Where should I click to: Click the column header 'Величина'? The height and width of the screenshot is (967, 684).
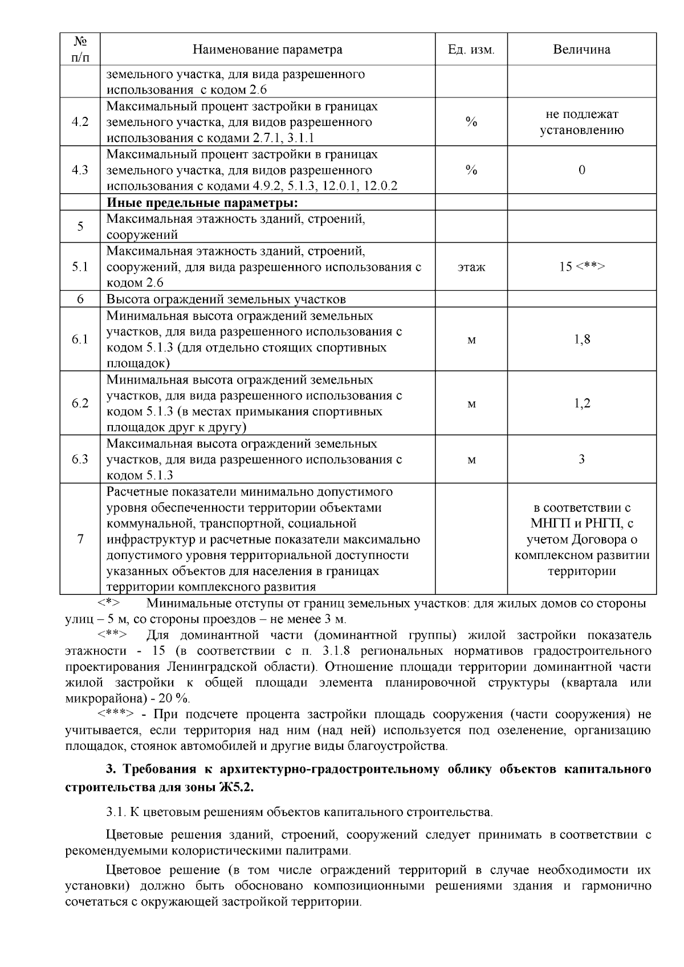pos(581,50)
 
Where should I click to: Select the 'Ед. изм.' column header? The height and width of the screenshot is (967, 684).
pos(471,50)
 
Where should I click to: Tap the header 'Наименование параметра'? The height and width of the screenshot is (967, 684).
pos(267,50)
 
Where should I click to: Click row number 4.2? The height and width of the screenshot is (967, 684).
pos(80,122)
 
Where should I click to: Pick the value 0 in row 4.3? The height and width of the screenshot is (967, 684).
pos(581,170)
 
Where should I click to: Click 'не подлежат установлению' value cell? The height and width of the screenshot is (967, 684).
pos(581,122)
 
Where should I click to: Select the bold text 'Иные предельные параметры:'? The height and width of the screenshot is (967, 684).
pos(203,203)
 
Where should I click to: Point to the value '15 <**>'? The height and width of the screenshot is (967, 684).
pos(581,267)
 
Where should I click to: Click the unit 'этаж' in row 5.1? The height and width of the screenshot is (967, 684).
pos(471,267)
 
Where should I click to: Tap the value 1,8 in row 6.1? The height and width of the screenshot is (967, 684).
pos(581,340)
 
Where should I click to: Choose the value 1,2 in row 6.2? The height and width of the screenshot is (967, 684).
pos(581,403)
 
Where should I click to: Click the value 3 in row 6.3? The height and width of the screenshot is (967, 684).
pos(581,459)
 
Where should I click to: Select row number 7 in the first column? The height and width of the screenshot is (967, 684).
pos(80,539)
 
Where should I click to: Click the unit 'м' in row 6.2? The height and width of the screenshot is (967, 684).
pos(471,403)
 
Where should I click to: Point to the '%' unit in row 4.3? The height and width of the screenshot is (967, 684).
pos(471,170)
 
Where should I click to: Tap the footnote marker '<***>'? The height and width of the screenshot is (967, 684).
pos(116,715)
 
